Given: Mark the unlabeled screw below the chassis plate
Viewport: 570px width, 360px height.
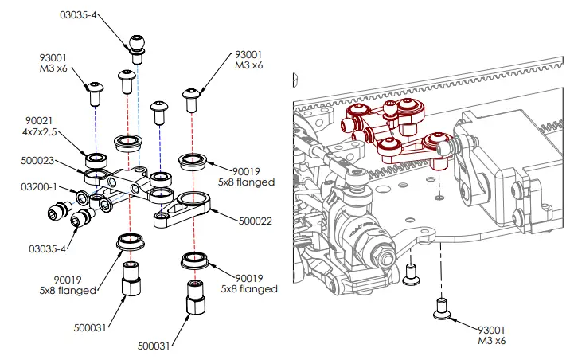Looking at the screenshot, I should point(412,275).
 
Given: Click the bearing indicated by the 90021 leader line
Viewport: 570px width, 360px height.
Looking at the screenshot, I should point(96,155).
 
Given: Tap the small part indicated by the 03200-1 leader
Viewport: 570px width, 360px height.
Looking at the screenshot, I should point(82,197).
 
